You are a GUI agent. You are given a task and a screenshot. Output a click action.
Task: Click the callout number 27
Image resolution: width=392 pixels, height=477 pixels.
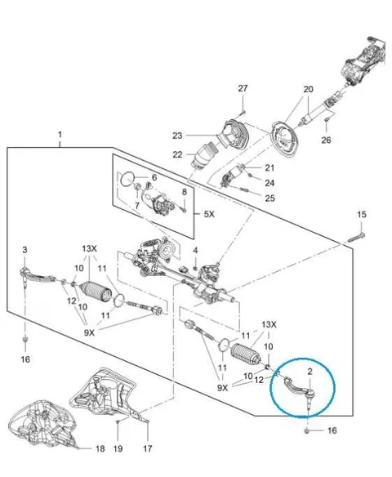(x=243, y=88)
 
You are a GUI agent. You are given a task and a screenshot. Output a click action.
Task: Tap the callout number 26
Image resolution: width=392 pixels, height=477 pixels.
(x=326, y=140)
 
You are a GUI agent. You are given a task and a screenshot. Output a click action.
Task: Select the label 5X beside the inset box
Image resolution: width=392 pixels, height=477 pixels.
(x=209, y=214)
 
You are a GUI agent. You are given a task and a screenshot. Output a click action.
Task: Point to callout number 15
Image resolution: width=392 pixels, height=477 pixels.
(x=362, y=215)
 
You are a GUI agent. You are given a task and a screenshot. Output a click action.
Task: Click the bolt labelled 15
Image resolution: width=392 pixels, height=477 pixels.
(x=356, y=238)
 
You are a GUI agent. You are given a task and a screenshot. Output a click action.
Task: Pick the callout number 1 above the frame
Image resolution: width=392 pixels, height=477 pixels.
(x=60, y=135)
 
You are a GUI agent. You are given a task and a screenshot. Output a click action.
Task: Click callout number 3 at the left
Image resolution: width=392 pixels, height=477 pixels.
(x=24, y=250)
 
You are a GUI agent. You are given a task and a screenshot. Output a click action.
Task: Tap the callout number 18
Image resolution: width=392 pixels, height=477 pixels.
(x=100, y=448)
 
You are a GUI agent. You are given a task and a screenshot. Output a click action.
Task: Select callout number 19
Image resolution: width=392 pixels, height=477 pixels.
(x=118, y=448)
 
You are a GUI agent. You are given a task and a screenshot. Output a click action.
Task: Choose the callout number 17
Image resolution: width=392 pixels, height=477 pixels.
(x=148, y=448)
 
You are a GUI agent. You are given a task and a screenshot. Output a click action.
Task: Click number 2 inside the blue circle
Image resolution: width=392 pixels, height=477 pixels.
(x=310, y=372)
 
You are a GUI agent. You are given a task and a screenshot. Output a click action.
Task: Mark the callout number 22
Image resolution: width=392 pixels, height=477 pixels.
(x=177, y=155)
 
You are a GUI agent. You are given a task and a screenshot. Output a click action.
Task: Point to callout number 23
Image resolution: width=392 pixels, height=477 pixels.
(x=177, y=136)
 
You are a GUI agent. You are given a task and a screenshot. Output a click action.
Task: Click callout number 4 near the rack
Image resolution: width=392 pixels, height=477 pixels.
(x=195, y=251)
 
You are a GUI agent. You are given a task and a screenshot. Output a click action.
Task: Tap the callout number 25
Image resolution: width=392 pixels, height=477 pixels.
(x=269, y=198)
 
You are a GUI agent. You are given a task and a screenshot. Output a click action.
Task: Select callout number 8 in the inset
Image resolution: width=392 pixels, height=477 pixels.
(x=185, y=192)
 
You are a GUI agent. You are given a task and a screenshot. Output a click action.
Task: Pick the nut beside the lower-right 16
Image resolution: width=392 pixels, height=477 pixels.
(x=307, y=430)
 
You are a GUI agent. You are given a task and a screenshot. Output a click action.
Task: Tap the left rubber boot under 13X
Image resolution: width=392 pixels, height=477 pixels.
(x=96, y=293)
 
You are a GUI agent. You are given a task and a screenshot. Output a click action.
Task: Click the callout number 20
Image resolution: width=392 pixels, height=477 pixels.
(x=308, y=90)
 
